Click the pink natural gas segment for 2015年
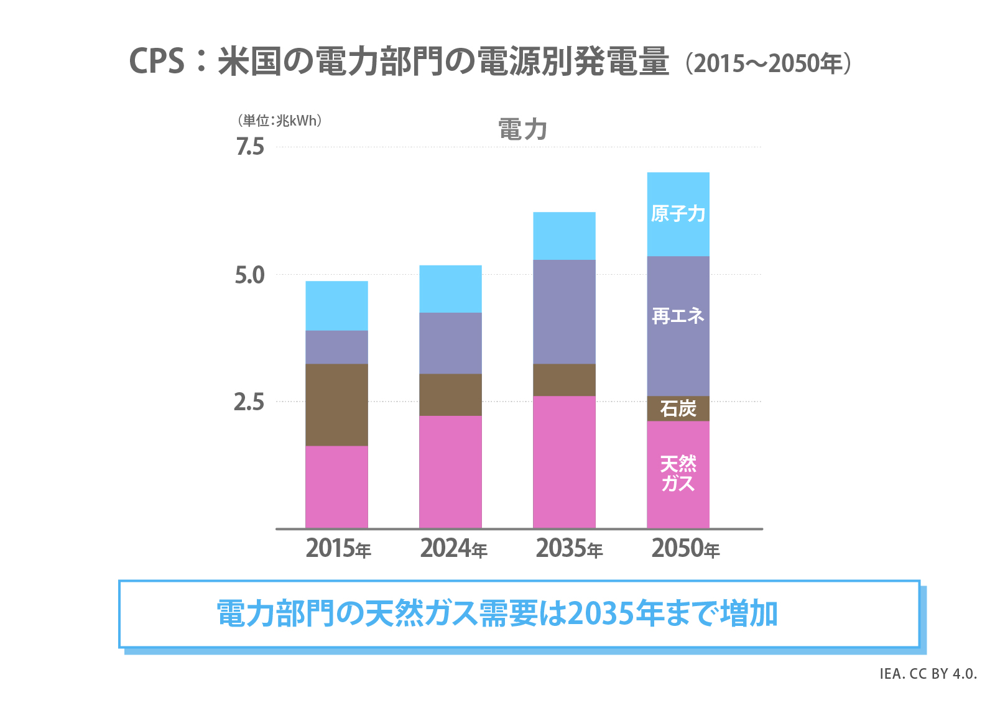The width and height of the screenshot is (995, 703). tap(336, 487)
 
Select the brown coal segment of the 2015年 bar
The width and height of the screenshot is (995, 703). tap(336, 405)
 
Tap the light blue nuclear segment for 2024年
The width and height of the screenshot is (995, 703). tap(450, 289)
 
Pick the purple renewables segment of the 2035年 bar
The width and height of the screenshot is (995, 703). tap(564, 311)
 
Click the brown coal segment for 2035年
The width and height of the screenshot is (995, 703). tap(564, 380)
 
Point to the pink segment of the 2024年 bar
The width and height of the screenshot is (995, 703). tap(450, 472)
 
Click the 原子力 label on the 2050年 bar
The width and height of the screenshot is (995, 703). tap(678, 214)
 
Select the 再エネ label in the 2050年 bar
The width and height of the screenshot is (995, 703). tap(678, 316)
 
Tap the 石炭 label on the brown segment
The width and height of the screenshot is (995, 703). tap(678, 409)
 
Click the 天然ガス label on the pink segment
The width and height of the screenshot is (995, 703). tap(678, 474)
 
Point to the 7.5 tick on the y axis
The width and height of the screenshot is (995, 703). tap(250, 147)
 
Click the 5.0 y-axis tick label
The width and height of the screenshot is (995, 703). tap(250, 275)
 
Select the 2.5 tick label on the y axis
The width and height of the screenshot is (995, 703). tap(249, 402)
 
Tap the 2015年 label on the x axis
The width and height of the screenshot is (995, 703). tap(338, 549)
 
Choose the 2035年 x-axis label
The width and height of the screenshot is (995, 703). tap(569, 549)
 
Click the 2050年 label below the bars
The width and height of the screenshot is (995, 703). tap(685, 549)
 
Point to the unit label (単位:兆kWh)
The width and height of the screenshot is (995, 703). tap(280, 121)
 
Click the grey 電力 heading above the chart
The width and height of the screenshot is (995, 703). tap(522, 130)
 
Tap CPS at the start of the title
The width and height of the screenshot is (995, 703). tap(157, 62)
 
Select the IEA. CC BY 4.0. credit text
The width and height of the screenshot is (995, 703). tap(928, 674)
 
